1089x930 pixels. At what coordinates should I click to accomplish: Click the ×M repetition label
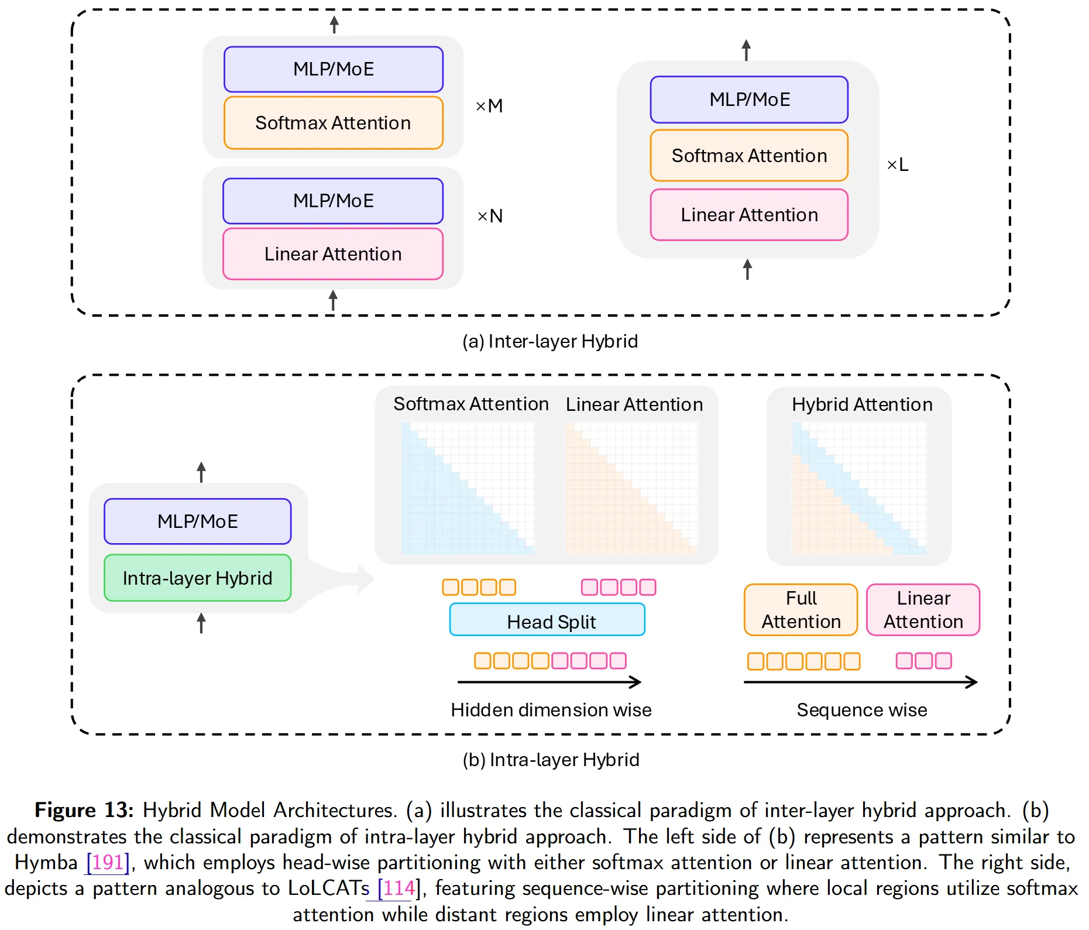(489, 106)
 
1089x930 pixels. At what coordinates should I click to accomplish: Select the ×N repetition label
(490, 216)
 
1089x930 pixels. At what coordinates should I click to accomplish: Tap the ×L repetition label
(898, 164)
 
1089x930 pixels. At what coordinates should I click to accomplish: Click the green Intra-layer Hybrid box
(198, 578)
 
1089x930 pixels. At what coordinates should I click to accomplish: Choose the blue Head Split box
(547, 619)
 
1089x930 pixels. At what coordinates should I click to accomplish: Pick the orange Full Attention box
(801, 609)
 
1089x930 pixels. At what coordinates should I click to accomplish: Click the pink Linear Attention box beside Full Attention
(923, 609)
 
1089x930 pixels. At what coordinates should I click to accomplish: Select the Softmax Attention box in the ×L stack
(749, 156)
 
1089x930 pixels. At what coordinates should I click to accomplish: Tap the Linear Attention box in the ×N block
(333, 254)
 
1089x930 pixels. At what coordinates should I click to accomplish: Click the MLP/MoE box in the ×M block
(334, 69)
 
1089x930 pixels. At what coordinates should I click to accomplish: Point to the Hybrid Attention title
(862, 404)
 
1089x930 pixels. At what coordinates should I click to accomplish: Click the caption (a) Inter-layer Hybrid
(550, 341)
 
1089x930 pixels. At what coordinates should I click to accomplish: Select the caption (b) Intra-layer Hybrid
(551, 760)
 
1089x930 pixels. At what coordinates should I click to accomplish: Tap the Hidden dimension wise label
(551, 710)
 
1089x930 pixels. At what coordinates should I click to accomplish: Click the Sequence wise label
(862, 710)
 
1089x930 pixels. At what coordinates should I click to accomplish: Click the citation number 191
(108, 862)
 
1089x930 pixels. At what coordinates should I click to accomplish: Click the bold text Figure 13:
(84, 810)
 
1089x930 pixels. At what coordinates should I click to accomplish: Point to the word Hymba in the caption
(46, 862)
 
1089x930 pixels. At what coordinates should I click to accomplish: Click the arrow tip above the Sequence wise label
(977, 682)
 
